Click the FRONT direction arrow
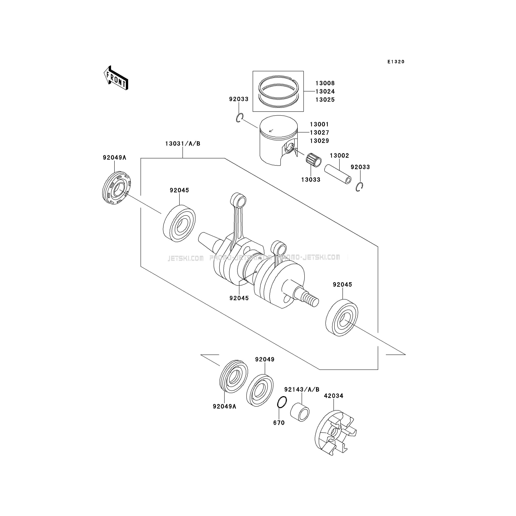coord(116,78)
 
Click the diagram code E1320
coord(396,62)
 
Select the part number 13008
coord(325,83)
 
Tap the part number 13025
coord(325,100)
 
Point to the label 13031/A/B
coord(183,144)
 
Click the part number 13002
coord(339,156)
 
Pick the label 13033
coord(311,180)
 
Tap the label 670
coord(279,423)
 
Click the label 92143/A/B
coord(302,390)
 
